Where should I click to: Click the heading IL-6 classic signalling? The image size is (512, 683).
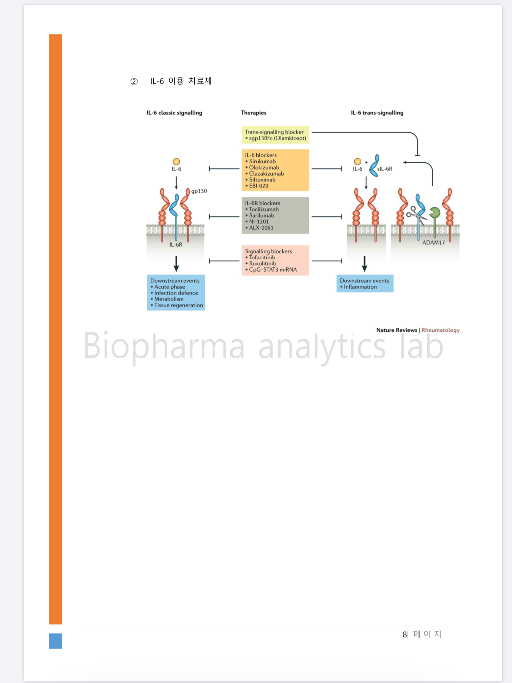[174, 113]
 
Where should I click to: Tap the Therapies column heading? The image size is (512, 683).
[253, 113]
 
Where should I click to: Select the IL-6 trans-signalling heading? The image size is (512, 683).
[377, 113]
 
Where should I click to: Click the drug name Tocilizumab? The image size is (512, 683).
[264, 209]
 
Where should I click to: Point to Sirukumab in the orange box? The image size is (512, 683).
[262, 161]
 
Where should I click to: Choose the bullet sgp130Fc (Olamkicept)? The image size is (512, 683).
[277, 138]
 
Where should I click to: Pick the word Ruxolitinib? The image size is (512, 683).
[262, 263]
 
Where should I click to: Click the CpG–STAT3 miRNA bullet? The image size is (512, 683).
[273, 270]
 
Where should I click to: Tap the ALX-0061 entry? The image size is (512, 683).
[261, 228]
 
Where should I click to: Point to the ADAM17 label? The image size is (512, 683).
[433, 243]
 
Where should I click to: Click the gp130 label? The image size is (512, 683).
[199, 191]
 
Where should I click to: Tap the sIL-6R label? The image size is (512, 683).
[385, 169]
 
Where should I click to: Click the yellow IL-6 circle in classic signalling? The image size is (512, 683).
[176, 162]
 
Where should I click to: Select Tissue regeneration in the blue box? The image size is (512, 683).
[178, 305]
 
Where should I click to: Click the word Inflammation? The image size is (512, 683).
[360, 287]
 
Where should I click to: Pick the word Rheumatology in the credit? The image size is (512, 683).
[440, 330]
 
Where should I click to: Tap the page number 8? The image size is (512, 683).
[405, 634]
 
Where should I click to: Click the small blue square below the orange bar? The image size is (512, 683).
[56, 641]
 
